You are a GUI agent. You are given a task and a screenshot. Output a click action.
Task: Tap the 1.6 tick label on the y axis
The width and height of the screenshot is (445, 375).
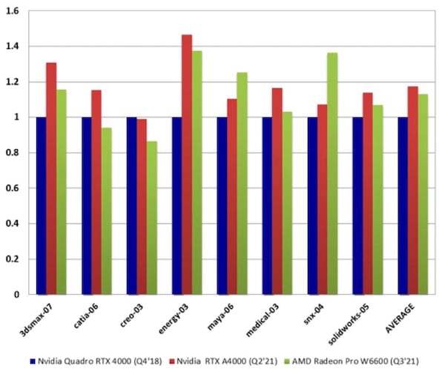(12, 11)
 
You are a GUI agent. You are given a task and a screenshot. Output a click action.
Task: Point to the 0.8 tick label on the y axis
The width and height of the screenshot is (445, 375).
(12, 153)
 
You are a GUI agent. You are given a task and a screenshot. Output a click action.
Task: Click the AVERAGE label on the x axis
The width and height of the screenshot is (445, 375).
(400, 315)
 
